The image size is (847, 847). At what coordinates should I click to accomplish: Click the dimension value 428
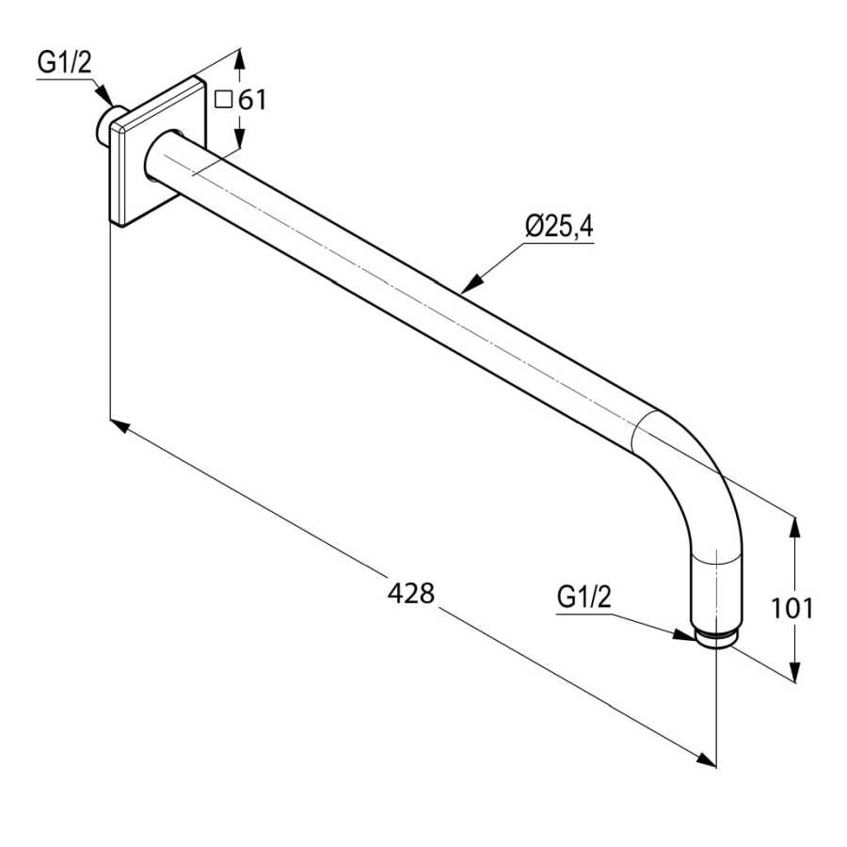[x=411, y=593]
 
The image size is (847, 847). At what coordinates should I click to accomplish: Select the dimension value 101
[x=791, y=608]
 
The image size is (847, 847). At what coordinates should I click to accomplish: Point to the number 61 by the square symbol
[x=251, y=99]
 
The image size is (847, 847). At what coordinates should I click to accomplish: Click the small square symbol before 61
[x=223, y=99]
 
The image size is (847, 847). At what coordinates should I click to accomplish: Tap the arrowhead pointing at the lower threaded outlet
[x=686, y=634]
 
